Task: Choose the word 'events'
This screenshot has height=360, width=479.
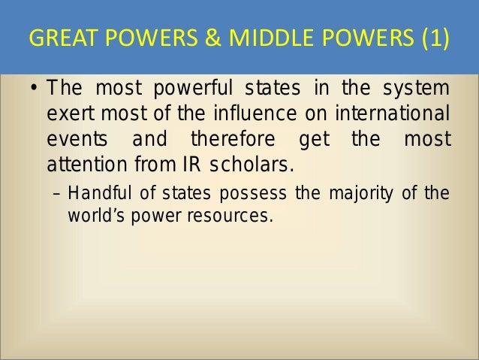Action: [74, 141]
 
